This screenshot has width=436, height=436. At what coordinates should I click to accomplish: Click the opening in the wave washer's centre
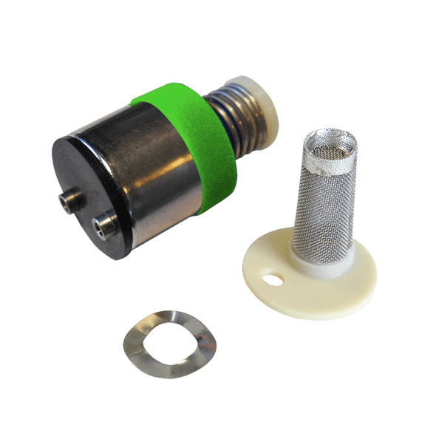(x=171, y=342)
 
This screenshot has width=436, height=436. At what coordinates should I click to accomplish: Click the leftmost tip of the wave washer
(x=123, y=342)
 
